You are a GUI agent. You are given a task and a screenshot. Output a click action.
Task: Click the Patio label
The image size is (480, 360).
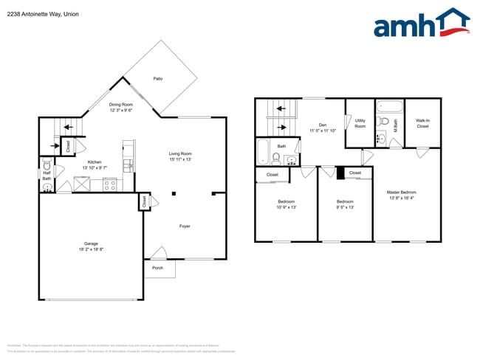pos(157,78)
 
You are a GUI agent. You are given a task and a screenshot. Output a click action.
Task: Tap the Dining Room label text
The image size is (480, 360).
pos(121,105)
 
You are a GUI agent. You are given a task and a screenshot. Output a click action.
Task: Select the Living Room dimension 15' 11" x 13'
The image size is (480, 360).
pos(185,159)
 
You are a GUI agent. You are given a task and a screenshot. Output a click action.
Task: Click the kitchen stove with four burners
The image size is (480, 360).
pos(109,185)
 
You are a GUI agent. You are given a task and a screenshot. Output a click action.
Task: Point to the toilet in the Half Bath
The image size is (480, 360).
pos(47,166)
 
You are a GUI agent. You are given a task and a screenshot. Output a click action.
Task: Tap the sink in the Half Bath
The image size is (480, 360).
pos(47,187)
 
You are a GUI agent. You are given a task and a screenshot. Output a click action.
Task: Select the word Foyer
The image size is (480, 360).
pos(185,226)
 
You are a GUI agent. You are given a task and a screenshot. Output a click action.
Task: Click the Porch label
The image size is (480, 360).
pos(157,268)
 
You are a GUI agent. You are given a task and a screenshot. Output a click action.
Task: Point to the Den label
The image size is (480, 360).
pos(323,125)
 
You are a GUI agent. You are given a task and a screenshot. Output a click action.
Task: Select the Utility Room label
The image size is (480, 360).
pos(360,123)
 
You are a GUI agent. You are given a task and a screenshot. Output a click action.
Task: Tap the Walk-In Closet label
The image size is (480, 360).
pos(422,123)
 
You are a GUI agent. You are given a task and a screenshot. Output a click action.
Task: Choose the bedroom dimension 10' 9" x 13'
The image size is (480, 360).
pos(286,207)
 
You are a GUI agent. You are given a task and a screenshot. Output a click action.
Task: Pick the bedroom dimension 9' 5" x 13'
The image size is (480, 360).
pos(346,207)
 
